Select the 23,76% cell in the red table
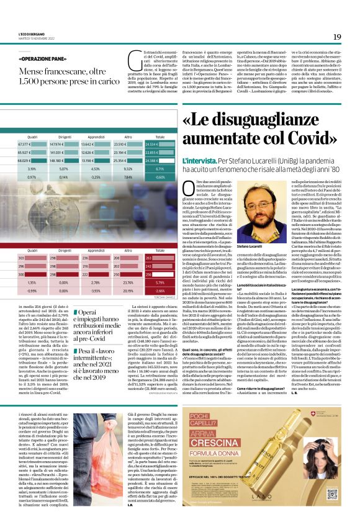(x=128, y=282)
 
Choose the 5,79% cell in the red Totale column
(x=160, y=282)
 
